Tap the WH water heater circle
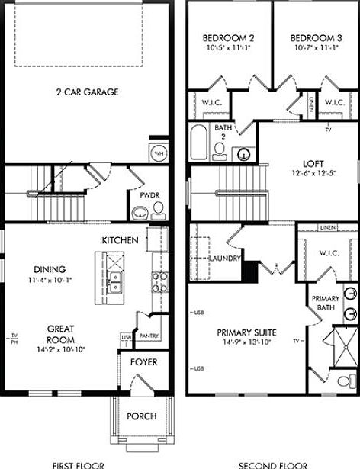[x=159, y=153]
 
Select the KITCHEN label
[x=121, y=240]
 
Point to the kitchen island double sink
[x=114, y=283]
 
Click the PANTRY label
[x=149, y=335]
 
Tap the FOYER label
[x=143, y=361]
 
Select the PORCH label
[x=141, y=416]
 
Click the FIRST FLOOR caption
[x=78, y=464]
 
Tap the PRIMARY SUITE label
[x=246, y=332]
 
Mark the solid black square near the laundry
[x=247, y=269]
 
